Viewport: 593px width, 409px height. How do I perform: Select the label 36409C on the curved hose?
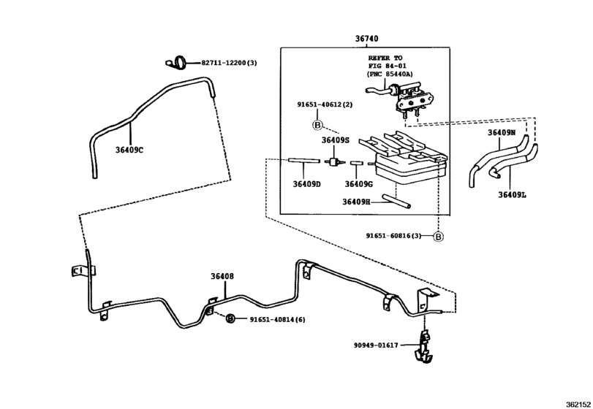pyautogui.click(x=129, y=150)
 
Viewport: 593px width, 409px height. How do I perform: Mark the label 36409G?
pyautogui.click(x=358, y=184)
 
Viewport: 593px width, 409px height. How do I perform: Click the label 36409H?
pyautogui.click(x=358, y=202)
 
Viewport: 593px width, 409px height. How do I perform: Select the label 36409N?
pyautogui.click(x=502, y=133)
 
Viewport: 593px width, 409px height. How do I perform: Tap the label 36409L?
pyautogui.click(x=513, y=194)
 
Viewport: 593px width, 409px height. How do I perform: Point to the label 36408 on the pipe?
pyautogui.click(x=222, y=276)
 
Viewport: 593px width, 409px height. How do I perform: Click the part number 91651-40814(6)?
pyautogui.click(x=276, y=319)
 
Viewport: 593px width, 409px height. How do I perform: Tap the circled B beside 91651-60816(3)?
pyautogui.click(x=438, y=236)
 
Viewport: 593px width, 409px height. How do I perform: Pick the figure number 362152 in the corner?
pyautogui.click(x=575, y=402)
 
